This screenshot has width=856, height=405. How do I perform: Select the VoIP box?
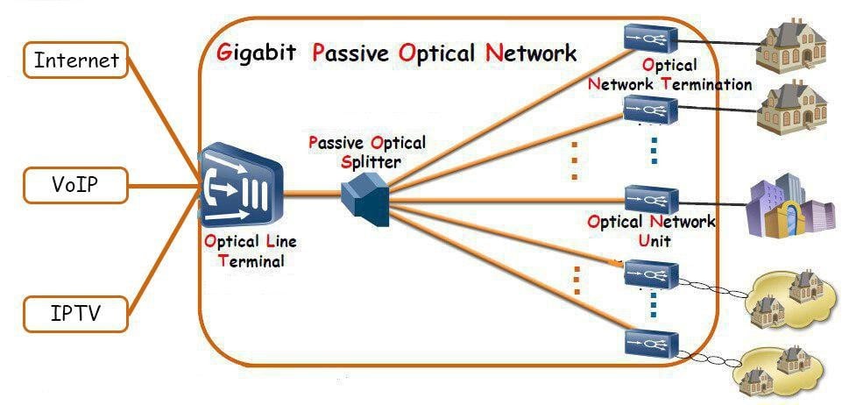[76, 184]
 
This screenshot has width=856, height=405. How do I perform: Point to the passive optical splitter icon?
[364, 199]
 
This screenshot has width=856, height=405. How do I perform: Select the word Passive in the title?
[350, 53]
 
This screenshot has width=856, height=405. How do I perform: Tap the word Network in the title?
[531, 53]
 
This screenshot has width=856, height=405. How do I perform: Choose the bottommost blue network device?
[651, 343]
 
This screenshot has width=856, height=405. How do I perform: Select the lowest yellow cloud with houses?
[780, 368]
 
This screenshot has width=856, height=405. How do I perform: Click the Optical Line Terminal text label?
[244, 251]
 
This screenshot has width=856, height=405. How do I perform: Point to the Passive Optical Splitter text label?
[367, 151]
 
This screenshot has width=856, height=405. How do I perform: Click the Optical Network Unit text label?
[652, 231]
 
